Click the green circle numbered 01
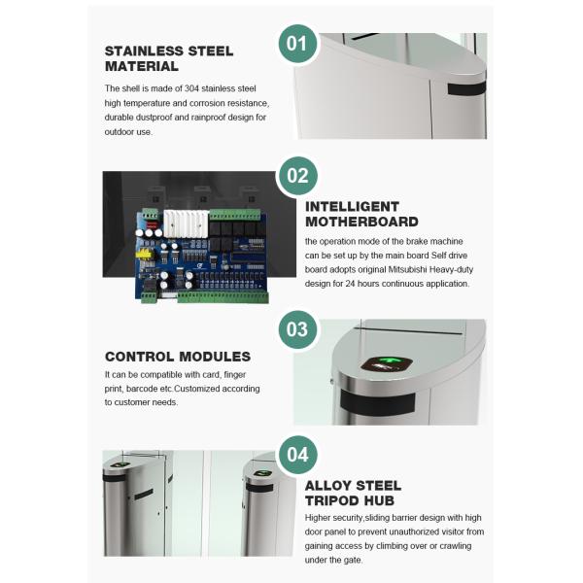click(298, 44)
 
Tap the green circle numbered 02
click(298, 176)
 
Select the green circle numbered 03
click(298, 329)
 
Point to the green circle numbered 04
click(298, 455)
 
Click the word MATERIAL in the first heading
click(142, 66)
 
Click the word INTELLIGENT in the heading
click(352, 206)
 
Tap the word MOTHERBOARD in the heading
click(361, 222)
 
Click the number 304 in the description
click(192, 88)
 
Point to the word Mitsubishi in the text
click(407, 269)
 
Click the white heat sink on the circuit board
click(186, 223)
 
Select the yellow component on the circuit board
click(145, 254)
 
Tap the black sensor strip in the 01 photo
click(466, 88)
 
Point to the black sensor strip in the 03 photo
click(377, 402)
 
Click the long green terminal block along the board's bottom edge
click(223, 297)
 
